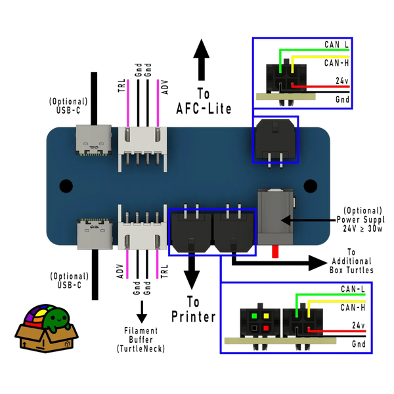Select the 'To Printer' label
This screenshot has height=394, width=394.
(x=193, y=310)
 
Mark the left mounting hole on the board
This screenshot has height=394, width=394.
(x=65, y=186)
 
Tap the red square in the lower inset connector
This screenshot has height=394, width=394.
(x=265, y=326)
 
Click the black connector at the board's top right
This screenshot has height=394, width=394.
(x=276, y=139)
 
